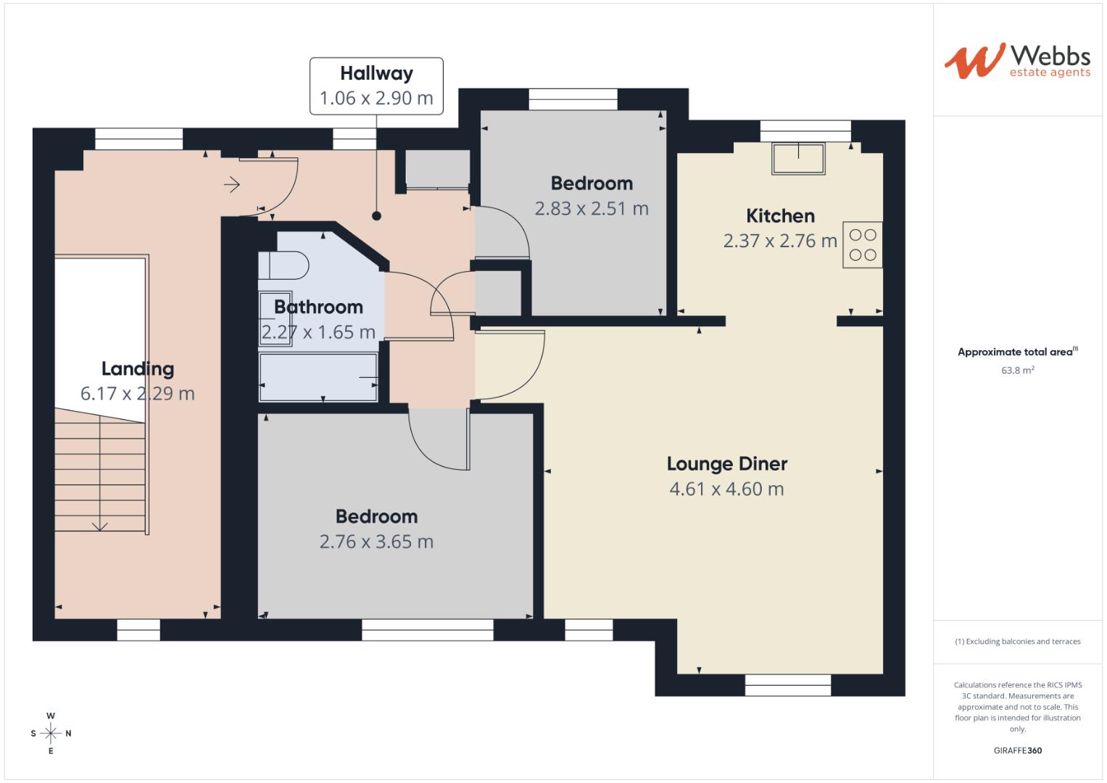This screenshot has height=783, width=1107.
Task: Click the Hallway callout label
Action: click(x=376, y=86)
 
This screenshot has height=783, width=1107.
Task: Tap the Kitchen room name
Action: click(x=780, y=216)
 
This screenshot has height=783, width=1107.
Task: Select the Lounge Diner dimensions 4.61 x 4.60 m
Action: click(x=726, y=489)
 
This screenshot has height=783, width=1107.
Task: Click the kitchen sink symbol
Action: click(x=798, y=159)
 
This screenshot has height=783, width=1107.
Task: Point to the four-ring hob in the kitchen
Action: click(x=862, y=245)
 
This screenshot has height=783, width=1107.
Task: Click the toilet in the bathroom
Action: click(x=284, y=265)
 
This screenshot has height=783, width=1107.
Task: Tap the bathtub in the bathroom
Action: click(x=319, y=377)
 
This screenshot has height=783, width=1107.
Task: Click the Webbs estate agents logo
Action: click(x=1017, y=61)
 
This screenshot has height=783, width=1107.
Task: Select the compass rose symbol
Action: click(x=51, y=733)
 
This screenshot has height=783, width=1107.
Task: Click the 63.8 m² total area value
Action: click(x=1017, y=370)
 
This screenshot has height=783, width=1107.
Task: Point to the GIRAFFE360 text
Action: click(x=1017, y=750)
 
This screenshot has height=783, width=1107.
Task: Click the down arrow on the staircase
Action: click(x=100, y=526)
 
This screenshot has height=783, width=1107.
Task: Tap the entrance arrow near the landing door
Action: click(x=232, y=185)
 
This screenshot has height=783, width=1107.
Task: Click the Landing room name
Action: click(x=137, y=369)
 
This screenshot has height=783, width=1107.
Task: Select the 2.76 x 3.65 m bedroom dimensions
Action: click(x=376, y=542)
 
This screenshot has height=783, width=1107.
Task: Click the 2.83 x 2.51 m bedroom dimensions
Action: click(x=592, y=209)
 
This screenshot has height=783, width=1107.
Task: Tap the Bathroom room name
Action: click(x=318, y=307)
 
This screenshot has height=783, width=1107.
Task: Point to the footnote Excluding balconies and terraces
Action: click(x=1017, y=642)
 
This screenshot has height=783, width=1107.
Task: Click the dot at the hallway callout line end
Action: click(x=376, y=215)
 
